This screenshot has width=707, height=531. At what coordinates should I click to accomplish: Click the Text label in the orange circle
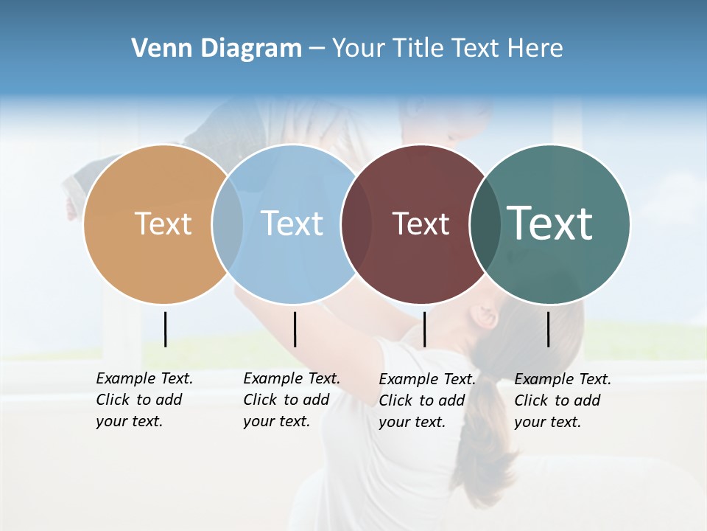(x=163, y=223)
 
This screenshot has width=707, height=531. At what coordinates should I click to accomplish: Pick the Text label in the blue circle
(x=292, y=223)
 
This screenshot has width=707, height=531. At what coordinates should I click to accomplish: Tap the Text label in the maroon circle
(x=421, y=223)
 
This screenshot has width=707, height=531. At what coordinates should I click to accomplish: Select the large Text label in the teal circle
(x=550, y=223)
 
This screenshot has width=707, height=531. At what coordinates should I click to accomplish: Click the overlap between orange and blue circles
(x=228, y=224)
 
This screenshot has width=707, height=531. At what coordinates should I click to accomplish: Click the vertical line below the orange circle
(x=165, y=329)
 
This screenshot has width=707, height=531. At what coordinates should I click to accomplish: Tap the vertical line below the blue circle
(x=295, y=329)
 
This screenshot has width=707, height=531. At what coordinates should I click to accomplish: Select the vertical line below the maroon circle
(x=424, y=329)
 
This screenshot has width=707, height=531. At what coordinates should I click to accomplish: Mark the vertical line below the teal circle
(x=548, y=329)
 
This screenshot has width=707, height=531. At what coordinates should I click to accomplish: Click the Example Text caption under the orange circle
(x=144, y=400)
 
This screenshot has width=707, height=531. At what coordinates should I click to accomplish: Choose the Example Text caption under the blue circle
(x=292, y=400)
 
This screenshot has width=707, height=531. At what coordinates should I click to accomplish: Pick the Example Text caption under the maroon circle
(x=427, y=400)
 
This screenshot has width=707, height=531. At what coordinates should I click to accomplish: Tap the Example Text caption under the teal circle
(x=563, y=400)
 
